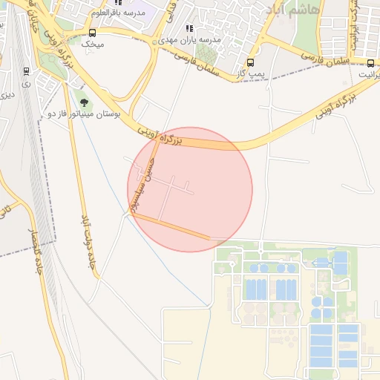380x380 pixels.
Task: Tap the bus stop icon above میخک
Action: tap(92, 33)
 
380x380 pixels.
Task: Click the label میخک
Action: tap(92, 45)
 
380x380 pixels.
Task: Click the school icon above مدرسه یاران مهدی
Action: tap(189, 28)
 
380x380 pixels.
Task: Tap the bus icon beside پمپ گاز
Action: tap(249, 63)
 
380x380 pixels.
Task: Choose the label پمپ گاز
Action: tap(251, 74)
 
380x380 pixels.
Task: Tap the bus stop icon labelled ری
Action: tap(27, 72)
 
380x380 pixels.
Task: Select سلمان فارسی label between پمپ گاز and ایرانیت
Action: tap(327, 58)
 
